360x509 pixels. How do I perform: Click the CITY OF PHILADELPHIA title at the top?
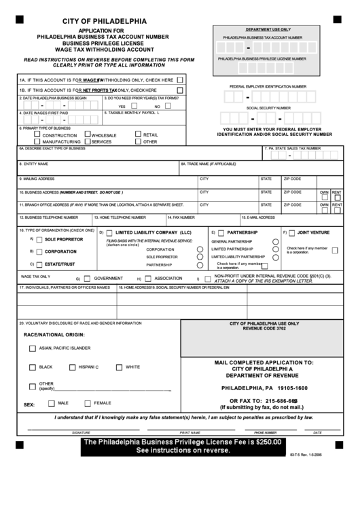coord(94,22)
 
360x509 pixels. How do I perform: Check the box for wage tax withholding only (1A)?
coord(180,80)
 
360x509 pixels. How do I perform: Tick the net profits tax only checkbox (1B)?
coord(180,90)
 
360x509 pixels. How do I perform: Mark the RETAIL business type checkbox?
coord(138,135)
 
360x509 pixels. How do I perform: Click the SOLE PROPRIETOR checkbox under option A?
coord(40,240)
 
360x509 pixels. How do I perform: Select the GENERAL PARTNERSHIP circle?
coord(275,241)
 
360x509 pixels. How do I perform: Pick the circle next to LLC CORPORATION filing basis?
coord(200,249)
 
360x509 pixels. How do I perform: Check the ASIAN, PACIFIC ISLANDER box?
coord(33,348)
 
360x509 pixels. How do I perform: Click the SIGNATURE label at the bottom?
coord(81,432)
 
